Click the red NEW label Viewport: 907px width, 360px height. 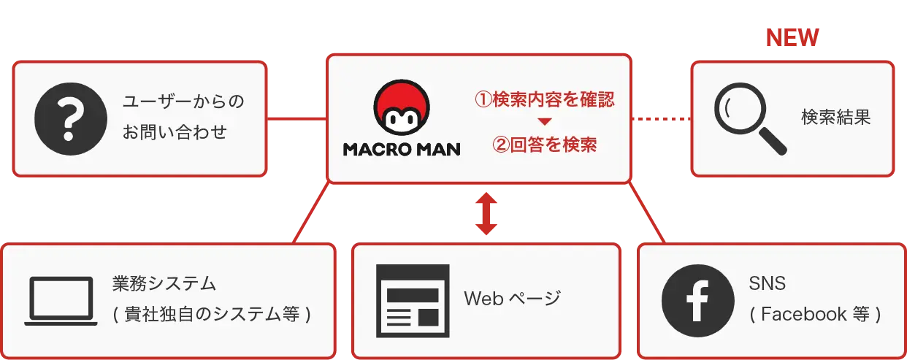792,38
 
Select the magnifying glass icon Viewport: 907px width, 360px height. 750,118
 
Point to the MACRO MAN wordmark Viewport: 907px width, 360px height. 402,150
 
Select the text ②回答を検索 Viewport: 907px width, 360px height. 545,145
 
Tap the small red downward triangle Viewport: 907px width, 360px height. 544,122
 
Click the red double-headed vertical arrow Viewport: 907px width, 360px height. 486,213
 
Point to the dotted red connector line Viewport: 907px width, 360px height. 660,118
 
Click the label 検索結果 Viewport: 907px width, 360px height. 835,118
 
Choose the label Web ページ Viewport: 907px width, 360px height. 512,299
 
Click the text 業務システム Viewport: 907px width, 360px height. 164,283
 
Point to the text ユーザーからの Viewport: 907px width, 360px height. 183,102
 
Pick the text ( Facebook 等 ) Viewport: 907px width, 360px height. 815,315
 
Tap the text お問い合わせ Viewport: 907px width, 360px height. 175,133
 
